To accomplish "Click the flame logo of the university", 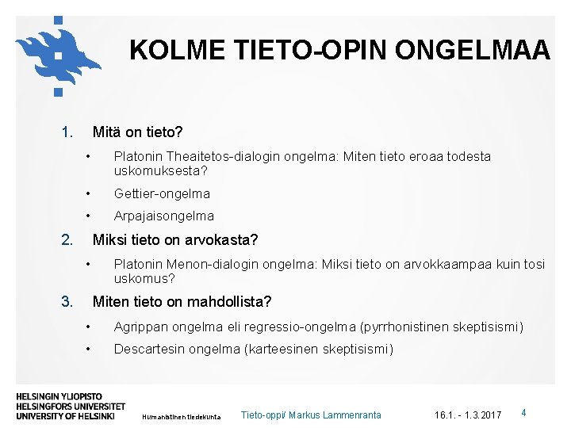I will [57, 54].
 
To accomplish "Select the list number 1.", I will [67, 132].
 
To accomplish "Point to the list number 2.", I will [67, 239].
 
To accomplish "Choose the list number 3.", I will [67, 301].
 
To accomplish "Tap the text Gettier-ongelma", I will [162, 193].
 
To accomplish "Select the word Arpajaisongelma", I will [163, 216].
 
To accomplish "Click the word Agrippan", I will [140, 327].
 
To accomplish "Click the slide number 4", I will [523, 413].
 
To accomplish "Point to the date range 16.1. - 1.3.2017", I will [468, 415].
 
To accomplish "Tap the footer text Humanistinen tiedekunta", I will [181, 415].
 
